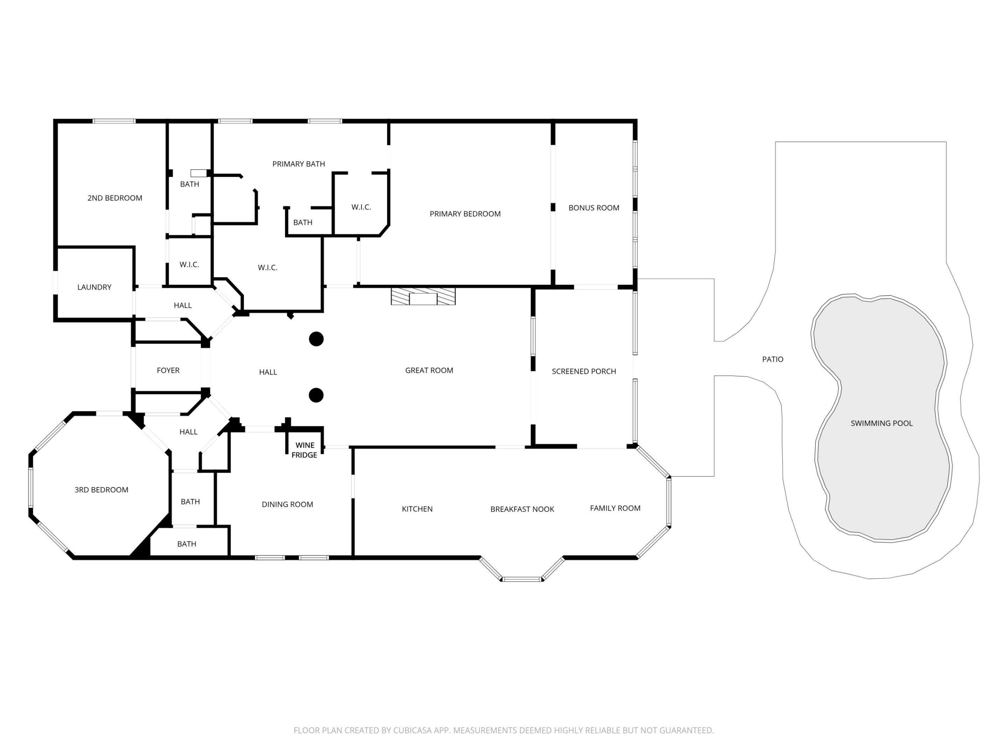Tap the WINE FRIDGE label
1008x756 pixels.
tap(304, 450)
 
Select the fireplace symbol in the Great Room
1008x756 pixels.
tap(423, 296)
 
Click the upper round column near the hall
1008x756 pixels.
tap(316, 339)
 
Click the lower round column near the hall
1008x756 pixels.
tap(316, 395)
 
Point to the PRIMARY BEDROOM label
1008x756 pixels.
tap(465, 214)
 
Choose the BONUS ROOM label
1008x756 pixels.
tap(593, 208)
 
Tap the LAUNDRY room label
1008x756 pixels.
tap(94, 287)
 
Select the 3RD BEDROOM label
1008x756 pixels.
tap(101, 490)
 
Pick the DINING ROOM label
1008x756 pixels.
tap(287, 504)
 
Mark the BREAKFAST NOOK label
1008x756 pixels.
tap(522, 509)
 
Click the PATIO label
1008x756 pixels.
tap(772, 359)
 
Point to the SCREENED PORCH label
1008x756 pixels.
tap(584, 371)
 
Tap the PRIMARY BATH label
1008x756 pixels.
tap(299, 164)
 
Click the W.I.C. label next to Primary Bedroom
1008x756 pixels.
tap(361, 207)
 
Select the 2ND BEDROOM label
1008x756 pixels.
tap(115, 198)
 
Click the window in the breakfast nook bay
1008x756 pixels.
tap(522, 579)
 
